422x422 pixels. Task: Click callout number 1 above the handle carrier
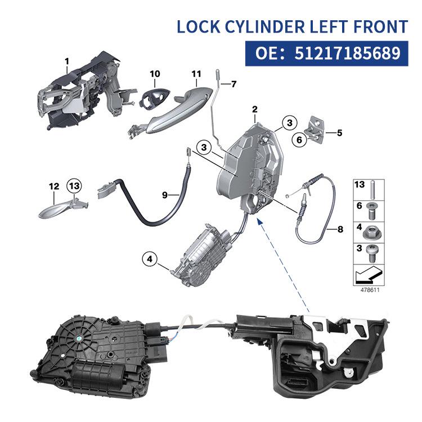tap(66, 60)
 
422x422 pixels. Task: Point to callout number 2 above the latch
tap(255, 109)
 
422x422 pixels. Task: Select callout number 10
tap(155, 74)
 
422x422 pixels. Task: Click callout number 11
tap(196, 74)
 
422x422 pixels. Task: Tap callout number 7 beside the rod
tap(234, 84)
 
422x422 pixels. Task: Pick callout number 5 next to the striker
tap(339, 133)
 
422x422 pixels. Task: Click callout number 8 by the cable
tap(339, 229)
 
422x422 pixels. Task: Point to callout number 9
tap(165, 195)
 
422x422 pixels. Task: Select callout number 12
tap(53, 186)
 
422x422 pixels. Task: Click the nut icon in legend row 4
tap(374, 231)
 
